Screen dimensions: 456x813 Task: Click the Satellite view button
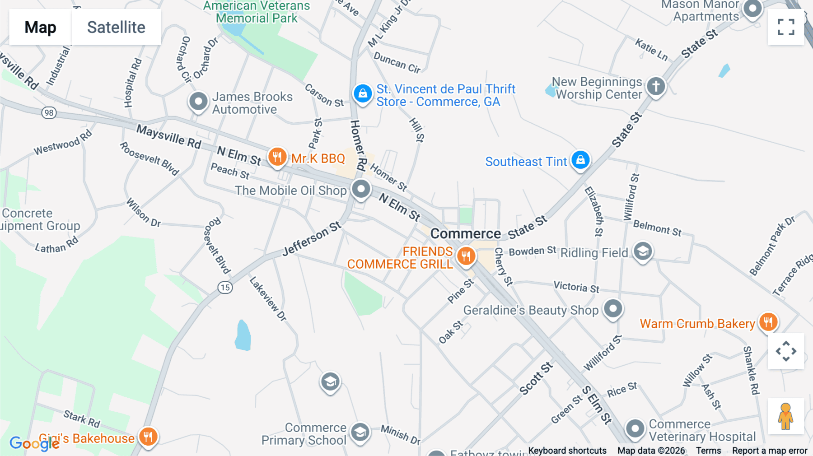(116, 27)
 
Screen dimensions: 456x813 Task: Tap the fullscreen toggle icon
(786, 27)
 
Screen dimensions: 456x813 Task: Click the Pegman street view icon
(785, 416)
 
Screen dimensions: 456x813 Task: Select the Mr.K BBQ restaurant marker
(277, 157)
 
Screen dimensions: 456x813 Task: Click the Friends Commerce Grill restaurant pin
(466, 256)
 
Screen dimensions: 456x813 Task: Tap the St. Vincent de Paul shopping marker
(362, 93)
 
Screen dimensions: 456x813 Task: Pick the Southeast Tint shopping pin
(580, 160)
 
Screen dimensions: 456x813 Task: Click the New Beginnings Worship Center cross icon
(656, 86)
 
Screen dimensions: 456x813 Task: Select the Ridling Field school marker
(643, 251)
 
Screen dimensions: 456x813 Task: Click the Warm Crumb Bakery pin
(768, 322)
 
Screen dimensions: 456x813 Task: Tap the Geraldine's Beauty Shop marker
(613, 309)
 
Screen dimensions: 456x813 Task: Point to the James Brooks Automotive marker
(198, 101)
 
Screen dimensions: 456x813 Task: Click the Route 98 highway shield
(49, 113)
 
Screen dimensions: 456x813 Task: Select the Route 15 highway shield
(225, 287)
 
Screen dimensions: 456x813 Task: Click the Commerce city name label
(465, 233)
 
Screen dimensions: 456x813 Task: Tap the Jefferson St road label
(312, 239)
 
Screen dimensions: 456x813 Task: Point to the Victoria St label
(576, 287)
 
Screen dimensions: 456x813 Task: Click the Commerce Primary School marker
(360, 432)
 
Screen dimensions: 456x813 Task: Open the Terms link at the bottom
(708, 450)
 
